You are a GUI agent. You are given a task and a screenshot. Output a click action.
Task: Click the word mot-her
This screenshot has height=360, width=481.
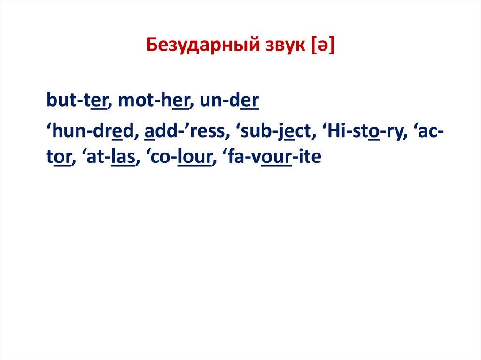[154, 101]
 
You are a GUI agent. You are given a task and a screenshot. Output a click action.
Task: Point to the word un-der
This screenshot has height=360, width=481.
[229, 101]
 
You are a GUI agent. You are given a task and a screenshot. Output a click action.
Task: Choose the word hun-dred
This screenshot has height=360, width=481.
[92, 133]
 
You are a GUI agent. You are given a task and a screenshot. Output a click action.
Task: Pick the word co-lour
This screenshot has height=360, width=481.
[182, 158]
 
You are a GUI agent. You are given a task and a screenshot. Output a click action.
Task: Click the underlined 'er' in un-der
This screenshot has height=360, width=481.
[249, 101]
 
